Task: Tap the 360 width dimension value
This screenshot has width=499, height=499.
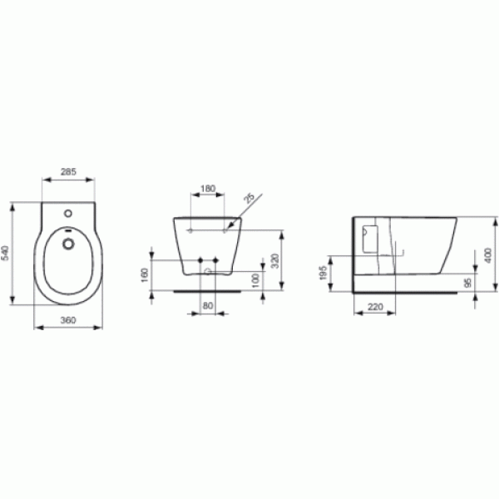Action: (69, 320)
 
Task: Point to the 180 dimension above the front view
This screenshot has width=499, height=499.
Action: (207, 188)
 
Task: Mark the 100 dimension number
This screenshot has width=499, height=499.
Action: (254, 278)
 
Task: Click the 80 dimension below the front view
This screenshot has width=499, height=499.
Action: (208, 305)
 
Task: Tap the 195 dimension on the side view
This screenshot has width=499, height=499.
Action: (323, 273)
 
